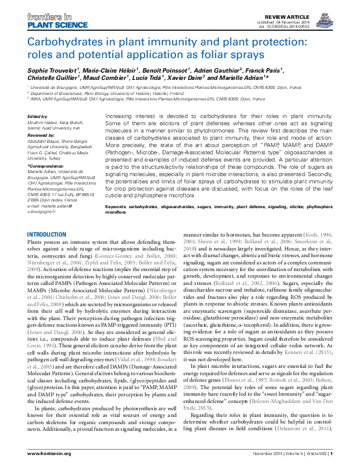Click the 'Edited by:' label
point(38,116)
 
